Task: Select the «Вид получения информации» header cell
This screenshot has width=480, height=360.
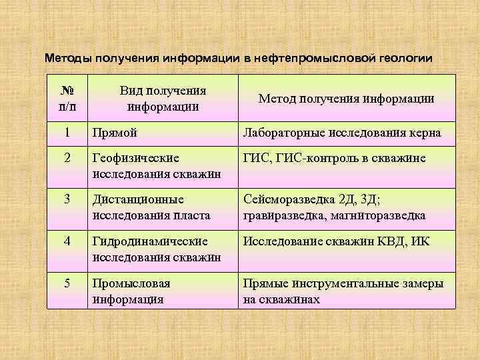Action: coord(163,99)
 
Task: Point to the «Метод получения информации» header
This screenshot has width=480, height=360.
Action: coord(347,99)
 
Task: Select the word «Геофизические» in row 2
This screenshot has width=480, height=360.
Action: coord(137,158)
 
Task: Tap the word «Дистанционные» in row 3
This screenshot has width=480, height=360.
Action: coord(139,199)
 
